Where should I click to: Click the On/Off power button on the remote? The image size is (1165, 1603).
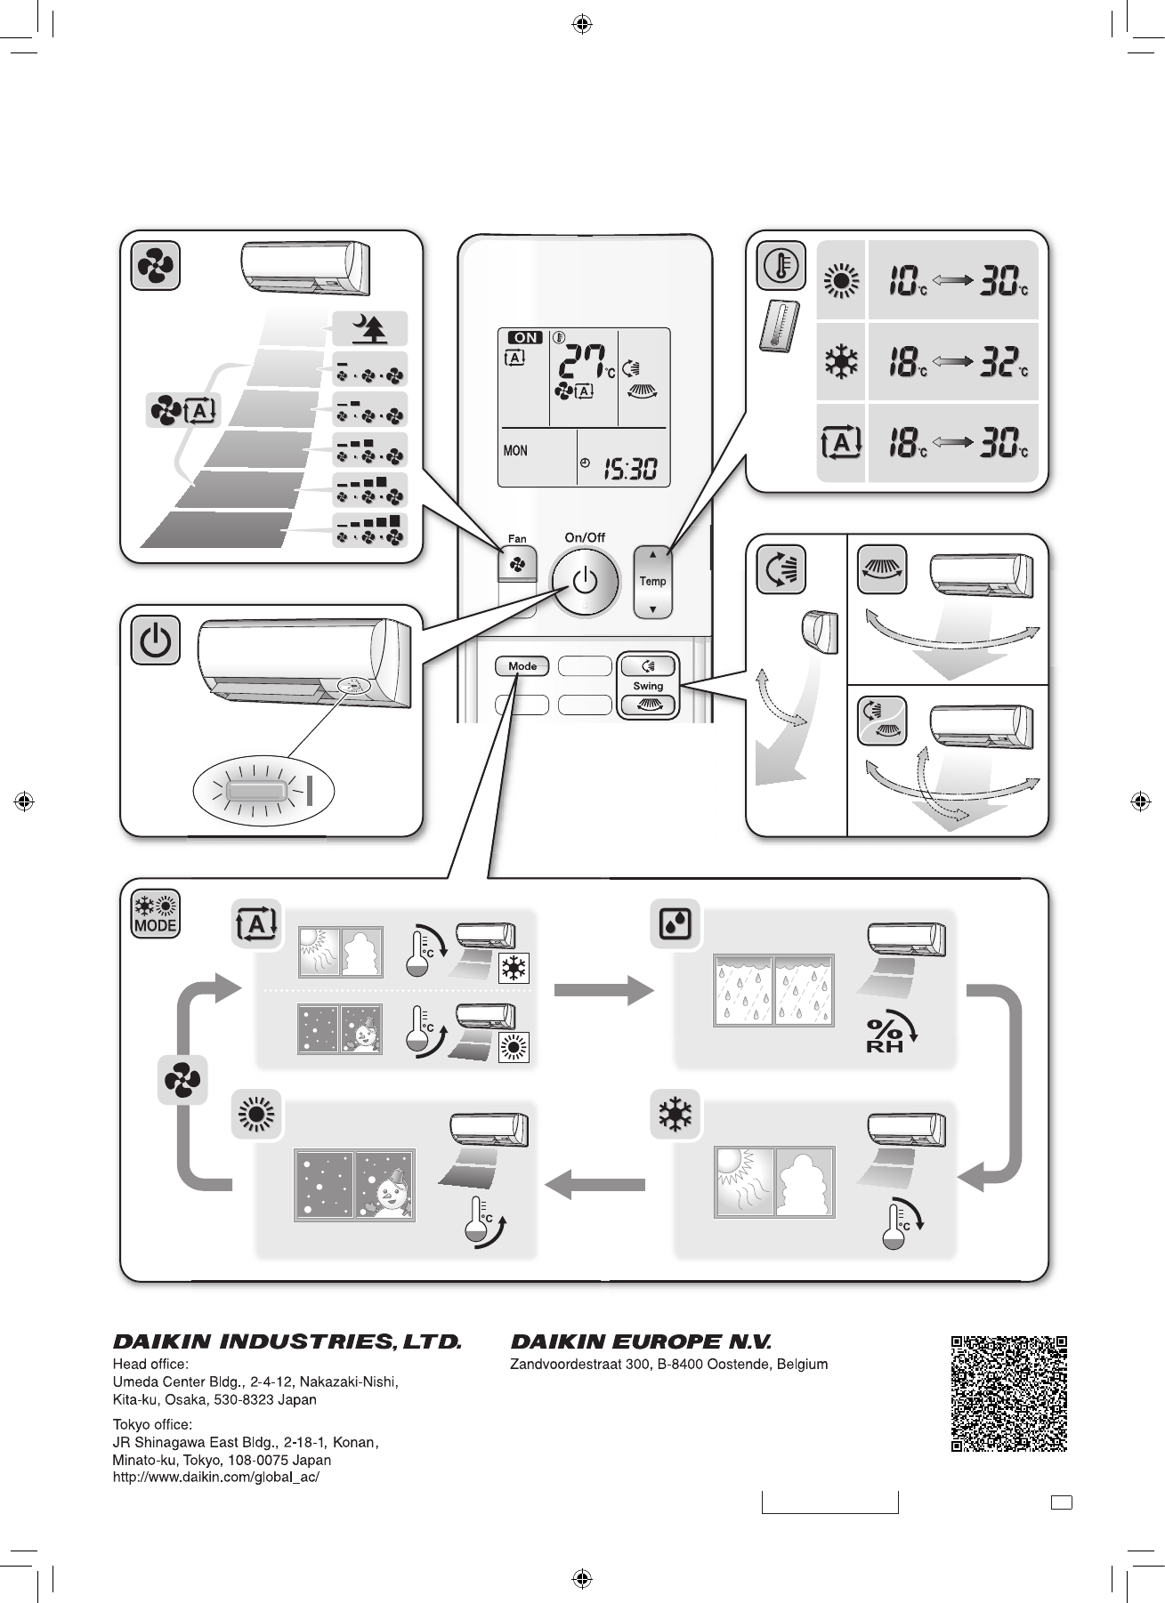584,583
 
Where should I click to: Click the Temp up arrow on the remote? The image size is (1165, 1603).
653,554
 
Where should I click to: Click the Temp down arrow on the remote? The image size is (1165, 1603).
653,610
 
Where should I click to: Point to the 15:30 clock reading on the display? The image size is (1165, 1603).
630,468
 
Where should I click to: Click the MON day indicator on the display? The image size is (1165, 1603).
515,451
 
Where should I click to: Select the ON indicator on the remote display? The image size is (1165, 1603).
525,338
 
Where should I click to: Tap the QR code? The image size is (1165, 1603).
1008,1393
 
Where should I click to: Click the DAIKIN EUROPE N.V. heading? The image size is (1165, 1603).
641,1341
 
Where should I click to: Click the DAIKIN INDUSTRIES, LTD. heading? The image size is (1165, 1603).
287,1341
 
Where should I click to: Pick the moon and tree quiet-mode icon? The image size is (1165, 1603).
369,329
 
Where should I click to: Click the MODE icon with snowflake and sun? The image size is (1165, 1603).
156,914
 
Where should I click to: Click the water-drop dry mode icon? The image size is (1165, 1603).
675,924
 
